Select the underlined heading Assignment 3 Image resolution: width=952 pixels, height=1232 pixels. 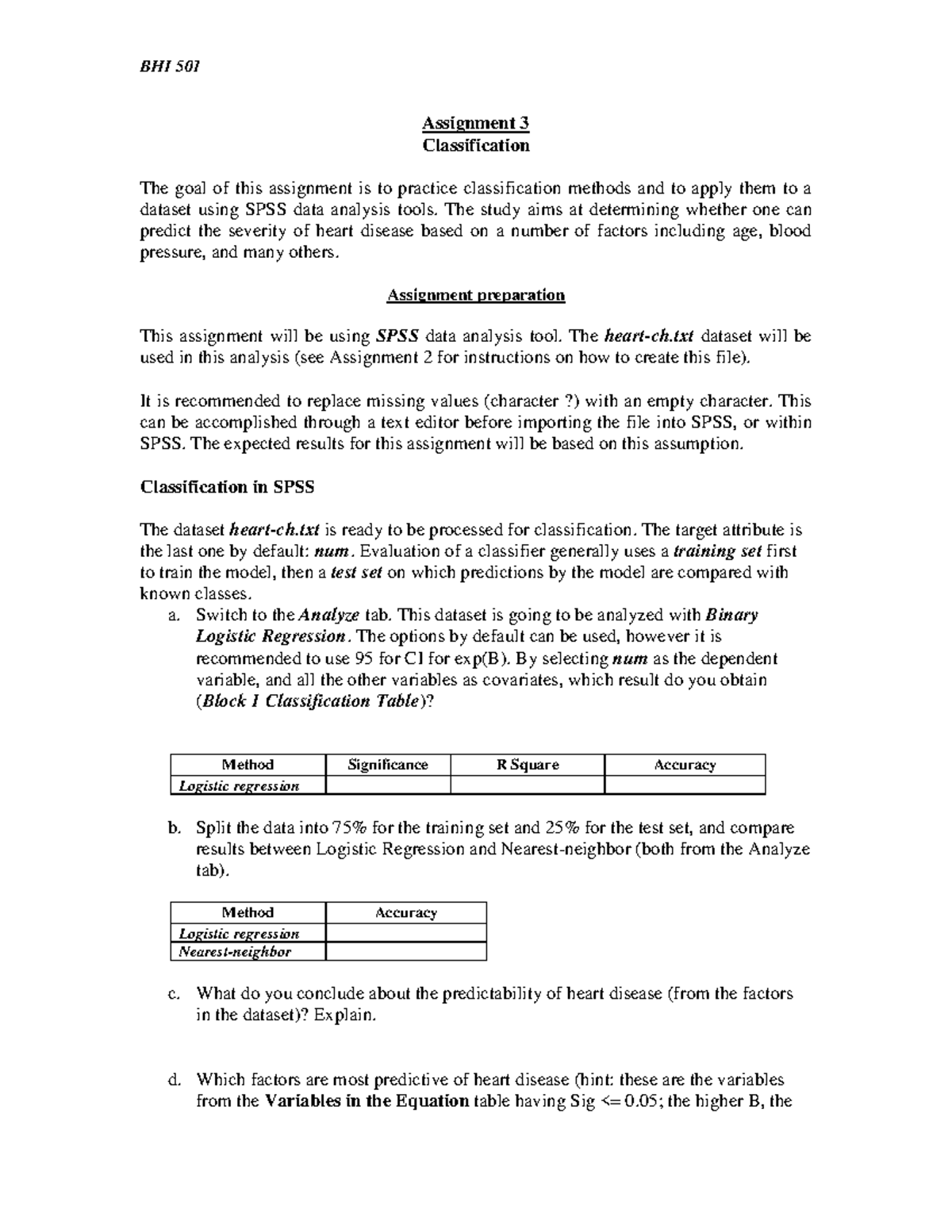click(x=475, y=123)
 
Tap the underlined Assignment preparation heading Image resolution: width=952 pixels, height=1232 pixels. click(x=475, y=295)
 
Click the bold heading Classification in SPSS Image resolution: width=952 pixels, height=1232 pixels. click(x=227, y=487)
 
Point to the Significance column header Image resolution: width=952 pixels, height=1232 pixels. click(x=388, y=765)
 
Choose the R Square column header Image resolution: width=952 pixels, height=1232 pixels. click(x=528, y=765)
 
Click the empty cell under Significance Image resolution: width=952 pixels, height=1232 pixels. click(x=388, y=785)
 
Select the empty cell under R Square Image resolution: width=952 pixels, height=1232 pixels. click(x=528, y=785)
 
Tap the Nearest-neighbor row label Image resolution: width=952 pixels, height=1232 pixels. click(x=235, y=951)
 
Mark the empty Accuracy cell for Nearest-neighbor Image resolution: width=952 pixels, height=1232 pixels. click(x=406, y=951)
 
